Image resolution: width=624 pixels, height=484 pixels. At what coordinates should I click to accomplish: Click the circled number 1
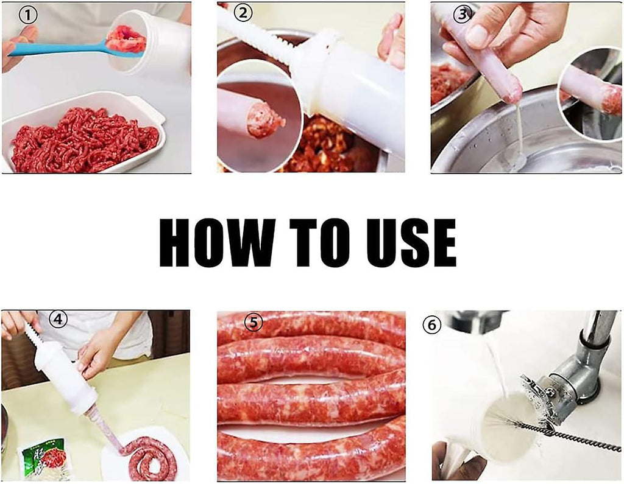click(28, 15)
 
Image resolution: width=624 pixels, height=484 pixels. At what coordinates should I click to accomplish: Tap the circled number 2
click(243, 13)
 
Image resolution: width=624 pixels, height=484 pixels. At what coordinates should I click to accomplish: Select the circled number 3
click(462, 15)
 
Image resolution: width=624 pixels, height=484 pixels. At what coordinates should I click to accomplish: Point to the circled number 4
click(58, 319)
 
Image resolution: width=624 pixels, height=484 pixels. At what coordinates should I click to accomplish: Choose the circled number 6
click(432, 325)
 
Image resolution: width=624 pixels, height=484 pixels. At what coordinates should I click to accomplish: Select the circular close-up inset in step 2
click(258, 116)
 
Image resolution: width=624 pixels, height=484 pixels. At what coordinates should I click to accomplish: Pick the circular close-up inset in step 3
click(590, 94)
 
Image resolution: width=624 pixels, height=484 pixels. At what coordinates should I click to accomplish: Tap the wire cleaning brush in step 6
click(557, 427)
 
